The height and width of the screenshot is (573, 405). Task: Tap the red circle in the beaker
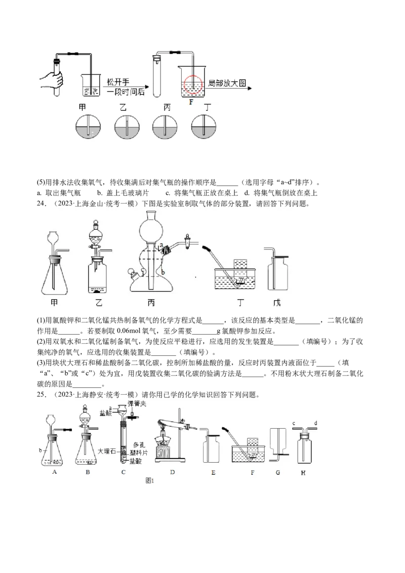[192, 85]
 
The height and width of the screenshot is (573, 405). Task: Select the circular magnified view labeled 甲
[88, 128]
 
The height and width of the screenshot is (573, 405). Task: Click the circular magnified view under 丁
[204, 127]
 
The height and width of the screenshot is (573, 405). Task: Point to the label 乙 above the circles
[123, 107]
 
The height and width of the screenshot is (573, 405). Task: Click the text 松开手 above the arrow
[117, 82]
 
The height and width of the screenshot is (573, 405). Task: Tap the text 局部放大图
[227, 83]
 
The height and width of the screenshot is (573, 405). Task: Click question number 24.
[42, 203]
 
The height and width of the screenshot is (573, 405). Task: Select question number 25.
[42, 395]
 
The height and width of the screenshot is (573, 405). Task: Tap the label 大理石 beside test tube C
[106, 451]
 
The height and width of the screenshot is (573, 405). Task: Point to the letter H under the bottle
[303, 473]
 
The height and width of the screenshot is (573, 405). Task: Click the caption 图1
[149, 481]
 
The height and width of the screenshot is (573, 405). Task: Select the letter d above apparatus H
[315, 423]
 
